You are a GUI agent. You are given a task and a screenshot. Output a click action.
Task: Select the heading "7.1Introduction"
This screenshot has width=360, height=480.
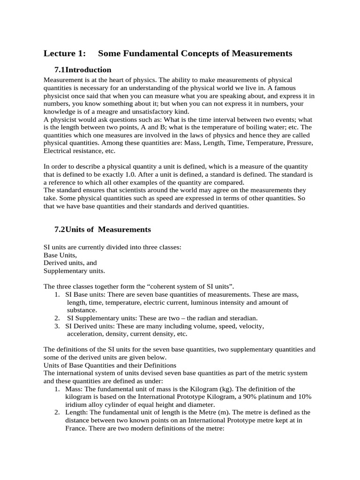coord(82,70)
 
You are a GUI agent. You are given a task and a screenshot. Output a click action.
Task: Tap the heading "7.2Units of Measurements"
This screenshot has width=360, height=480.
coord(103,229)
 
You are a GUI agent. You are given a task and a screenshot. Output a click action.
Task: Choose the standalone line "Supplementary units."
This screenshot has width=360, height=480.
coord(75,271)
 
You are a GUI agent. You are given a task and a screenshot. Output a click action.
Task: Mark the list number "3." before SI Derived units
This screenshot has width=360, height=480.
coord(57,326)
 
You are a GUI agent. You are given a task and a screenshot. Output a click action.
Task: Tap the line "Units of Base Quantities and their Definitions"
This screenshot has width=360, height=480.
coord(110,365)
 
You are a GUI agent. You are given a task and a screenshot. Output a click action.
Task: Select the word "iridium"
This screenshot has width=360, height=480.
coord(76,405)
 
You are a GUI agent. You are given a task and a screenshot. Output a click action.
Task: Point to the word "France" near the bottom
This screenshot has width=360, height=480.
coord(76,428)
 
